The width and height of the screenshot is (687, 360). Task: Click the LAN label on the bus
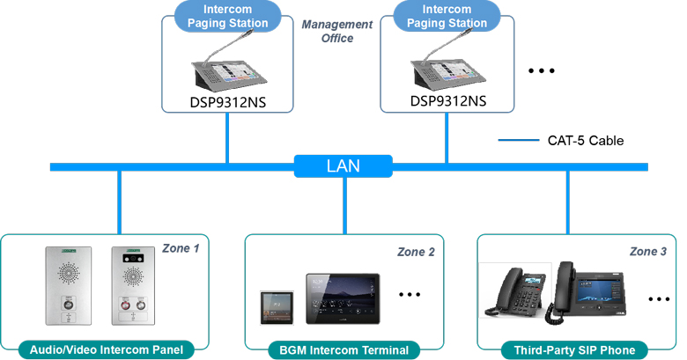[343, 165]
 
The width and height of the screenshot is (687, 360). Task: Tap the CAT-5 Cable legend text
[585, 140]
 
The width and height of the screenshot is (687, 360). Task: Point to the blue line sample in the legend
[517, 140]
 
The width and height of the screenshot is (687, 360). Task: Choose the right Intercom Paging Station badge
[447, 17]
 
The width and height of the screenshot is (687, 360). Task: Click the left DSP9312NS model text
[228, 102]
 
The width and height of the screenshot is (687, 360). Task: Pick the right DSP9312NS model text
[447, 100]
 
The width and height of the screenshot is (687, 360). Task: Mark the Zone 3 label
[648, 251]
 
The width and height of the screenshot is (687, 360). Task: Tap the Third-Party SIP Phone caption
[573, 350]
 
